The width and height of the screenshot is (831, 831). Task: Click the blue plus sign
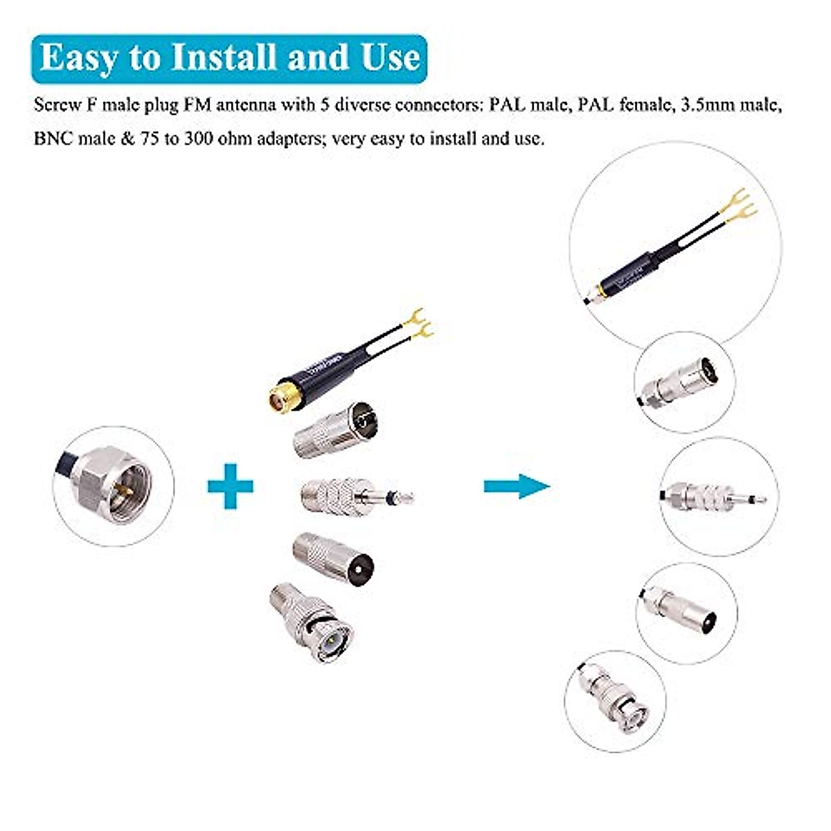pos(231,486)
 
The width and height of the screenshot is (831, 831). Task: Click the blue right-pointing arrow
pos(517,486)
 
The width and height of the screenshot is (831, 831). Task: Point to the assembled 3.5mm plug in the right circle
pos(713,497)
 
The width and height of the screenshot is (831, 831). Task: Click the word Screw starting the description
pos(57,105)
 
